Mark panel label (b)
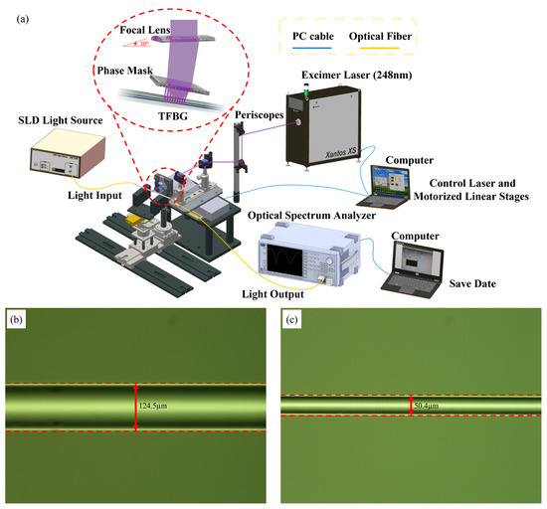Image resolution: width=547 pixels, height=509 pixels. [16, 321]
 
